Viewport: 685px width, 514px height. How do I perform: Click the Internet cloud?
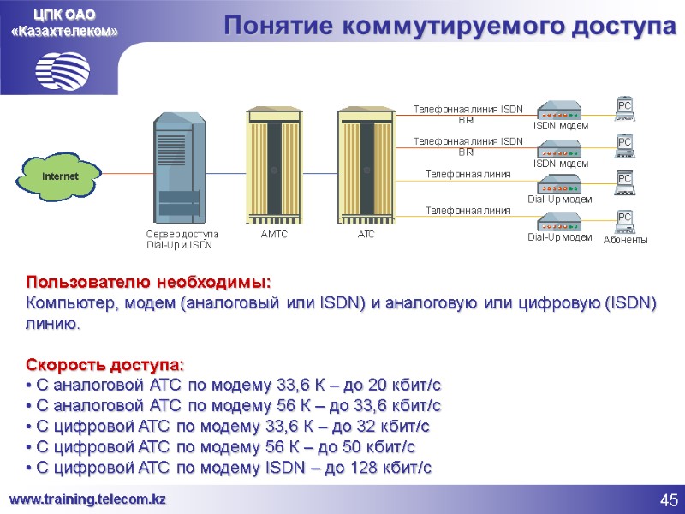pyautogui.click(x=60, y=176)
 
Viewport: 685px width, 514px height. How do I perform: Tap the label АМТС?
pyautogui.click(x=274, y=234)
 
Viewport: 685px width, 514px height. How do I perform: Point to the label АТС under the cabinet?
pyautogui.click(x=366, y=234)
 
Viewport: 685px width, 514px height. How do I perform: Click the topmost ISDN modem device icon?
pyautogui.click(x=559, y=111)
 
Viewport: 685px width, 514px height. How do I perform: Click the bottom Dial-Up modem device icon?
pyautogui.click(x=559, y=219)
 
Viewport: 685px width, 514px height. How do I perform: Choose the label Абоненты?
pyautogui.click(x=625, y=240)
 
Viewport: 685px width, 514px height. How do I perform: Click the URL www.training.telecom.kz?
pyautogui.click(x=87, y=499)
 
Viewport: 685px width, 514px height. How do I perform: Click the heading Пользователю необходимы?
pyautogui.click(x=148, y=282)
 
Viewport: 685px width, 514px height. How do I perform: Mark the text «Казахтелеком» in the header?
pyautogui.click(x=64, y=32)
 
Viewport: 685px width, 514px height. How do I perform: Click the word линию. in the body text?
pyautogui.click(x=54, y=324)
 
